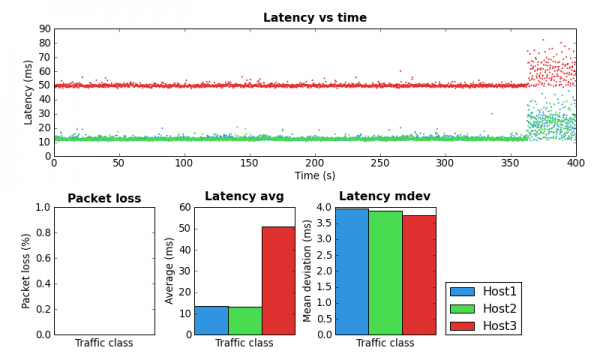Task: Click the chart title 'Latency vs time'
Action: tap(314, 18)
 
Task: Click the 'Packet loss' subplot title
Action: tap(104, 198)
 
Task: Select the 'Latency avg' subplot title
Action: tap(244, 196)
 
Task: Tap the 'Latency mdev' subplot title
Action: tap(385, 196)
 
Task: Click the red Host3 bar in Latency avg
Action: tap(278, 280)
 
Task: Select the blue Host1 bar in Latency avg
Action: tap(211, 320)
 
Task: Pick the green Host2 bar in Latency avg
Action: tap(245, 320)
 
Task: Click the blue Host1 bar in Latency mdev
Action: tap(352, 271)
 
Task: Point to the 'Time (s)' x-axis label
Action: tap(314, 175)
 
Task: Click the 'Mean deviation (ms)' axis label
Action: tap(308, 270)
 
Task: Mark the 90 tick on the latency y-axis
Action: tap(44, 29)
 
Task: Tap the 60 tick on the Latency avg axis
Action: tap(184, 207)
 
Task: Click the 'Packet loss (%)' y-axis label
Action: tap(27, 270)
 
